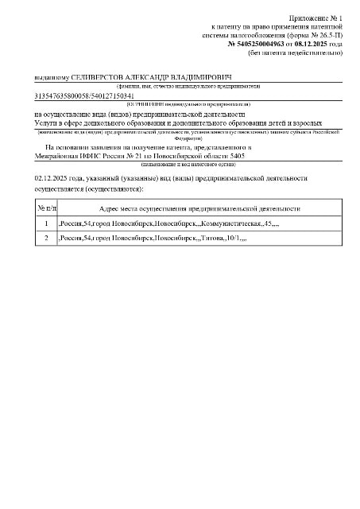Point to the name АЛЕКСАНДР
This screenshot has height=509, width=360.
coord(144,79)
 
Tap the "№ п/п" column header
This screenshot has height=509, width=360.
coord(47,208)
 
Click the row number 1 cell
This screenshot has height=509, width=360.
coord(47,223)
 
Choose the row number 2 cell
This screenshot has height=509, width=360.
coord(47,239)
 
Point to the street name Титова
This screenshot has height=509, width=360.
coord(212,239)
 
